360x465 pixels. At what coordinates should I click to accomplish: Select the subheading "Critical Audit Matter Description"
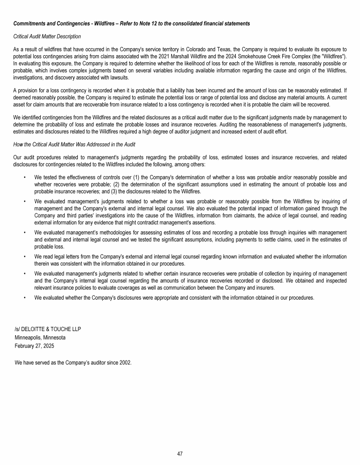[47, 36]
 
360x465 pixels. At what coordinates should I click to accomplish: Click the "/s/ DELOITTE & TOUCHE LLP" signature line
[48, 329]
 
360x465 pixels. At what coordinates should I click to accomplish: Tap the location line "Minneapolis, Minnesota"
[40, 337]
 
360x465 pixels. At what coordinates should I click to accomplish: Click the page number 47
[180, 453]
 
